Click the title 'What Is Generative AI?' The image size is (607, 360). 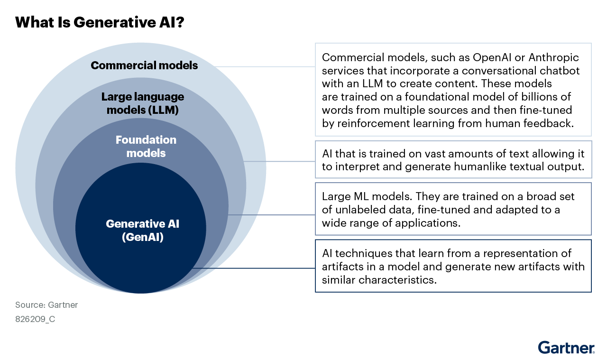click(x=100, y=22)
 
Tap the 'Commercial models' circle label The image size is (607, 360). click(x=144, y=65)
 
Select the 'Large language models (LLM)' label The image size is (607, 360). click(x=143, y=103)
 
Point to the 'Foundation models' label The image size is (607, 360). click(x=146, y=147)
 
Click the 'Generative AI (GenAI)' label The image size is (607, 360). click(x=143, y=231)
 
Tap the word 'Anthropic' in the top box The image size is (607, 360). click(x=553, y=58)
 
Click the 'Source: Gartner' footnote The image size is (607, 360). click(x=46, y=305)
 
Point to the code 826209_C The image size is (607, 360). click(x=35, y=319)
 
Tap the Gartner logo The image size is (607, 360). click(x=566, y=347)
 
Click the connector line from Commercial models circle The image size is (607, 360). click(x=265, y=66)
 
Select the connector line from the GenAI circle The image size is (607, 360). click(x=254, y=268)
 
